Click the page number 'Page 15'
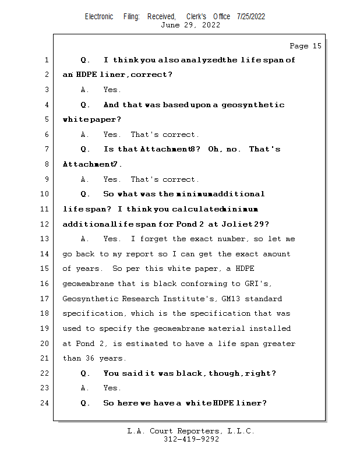(305, 46)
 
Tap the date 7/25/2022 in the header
(251, 16)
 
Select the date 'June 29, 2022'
(190, 25)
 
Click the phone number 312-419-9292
(191, 439)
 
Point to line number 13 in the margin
(45, 239)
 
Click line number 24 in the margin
(45, 403)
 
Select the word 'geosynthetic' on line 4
(253, 105)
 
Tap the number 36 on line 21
(90, 358)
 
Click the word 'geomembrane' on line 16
(88, 284)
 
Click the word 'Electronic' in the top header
(99, 16)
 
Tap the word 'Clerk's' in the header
(196, 16)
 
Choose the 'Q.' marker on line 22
(85, 373)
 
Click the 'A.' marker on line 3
(85, 90)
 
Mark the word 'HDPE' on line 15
(245, 269)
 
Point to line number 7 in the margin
(47, 149)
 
